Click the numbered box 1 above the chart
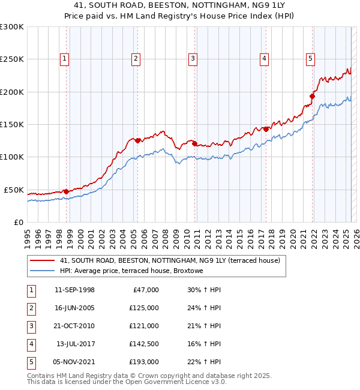click(64, 59)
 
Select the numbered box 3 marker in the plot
click(193, 59)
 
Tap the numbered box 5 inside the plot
click(310, 59)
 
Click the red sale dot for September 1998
click(65, 191)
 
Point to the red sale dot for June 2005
click(137, 140)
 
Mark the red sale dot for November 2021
click(313, 96)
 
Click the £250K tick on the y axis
click(12, 59)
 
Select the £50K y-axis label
click(14, 190)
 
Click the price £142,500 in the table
click(144, 344)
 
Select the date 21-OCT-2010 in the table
click(74, 326)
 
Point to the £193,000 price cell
click(144, 362)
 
